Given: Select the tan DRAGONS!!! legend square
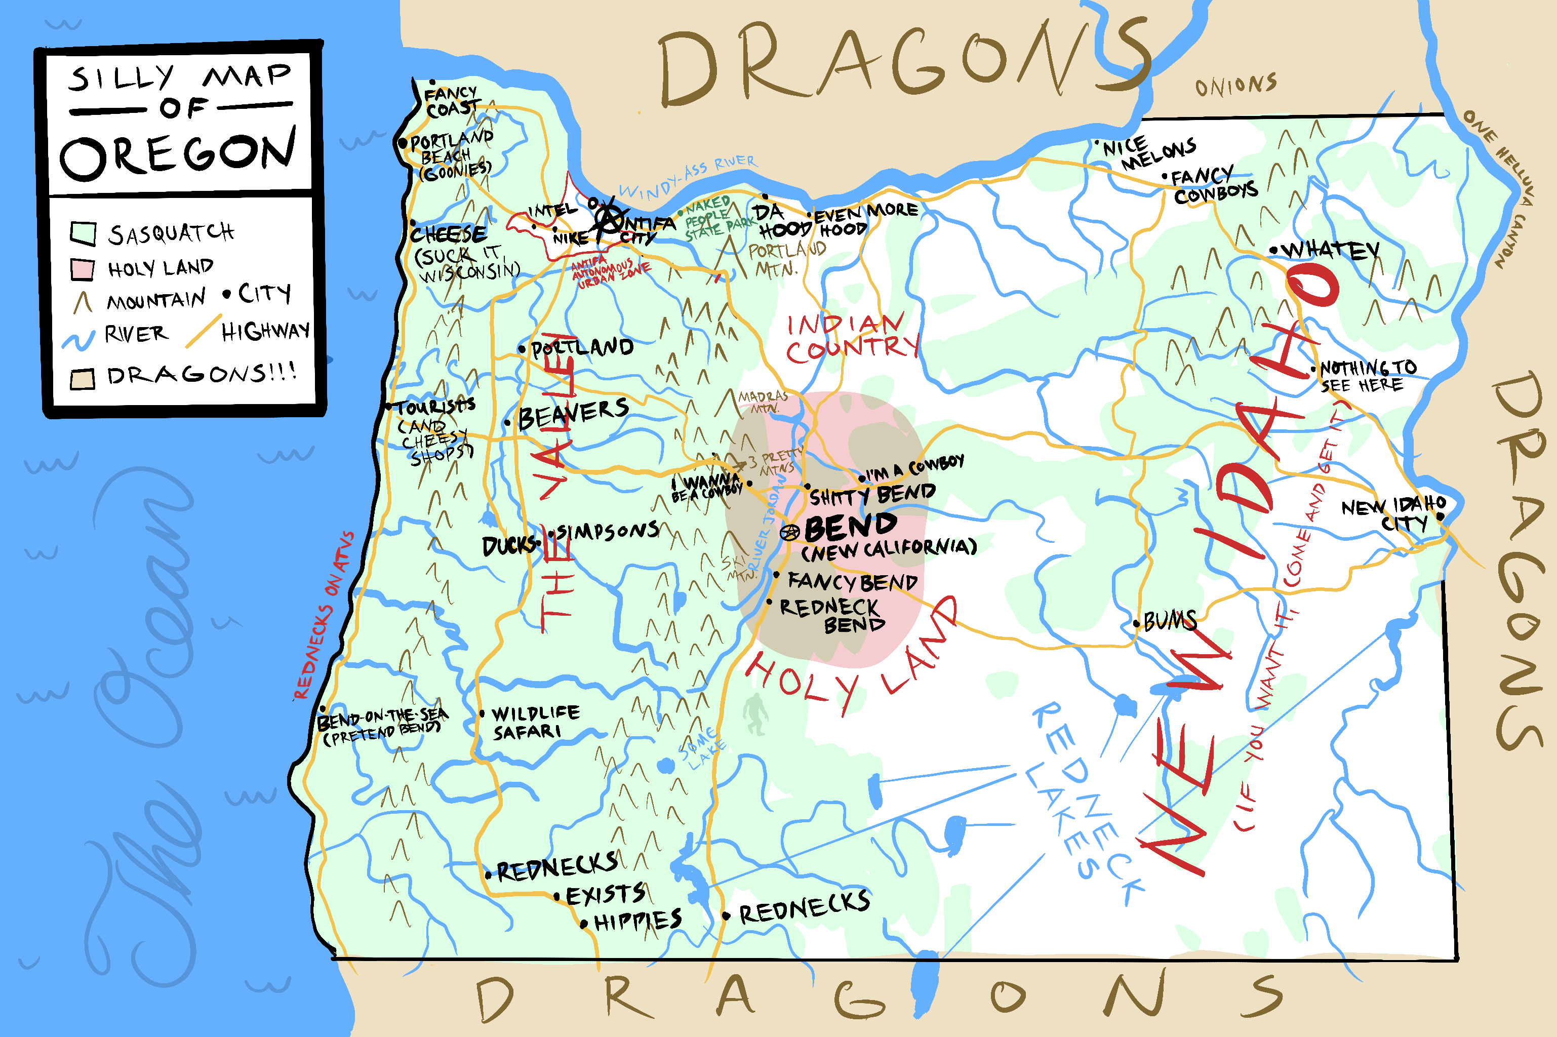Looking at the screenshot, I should (x=83, y=379).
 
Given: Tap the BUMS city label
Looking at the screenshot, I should (x=1170, y=620).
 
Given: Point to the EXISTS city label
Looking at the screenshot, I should (x=605, y=895).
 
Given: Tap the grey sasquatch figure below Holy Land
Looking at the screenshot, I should (x=754, y=715).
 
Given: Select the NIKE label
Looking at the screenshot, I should (x=570, y=238).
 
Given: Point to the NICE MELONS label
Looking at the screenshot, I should (x=1149, y=152).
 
